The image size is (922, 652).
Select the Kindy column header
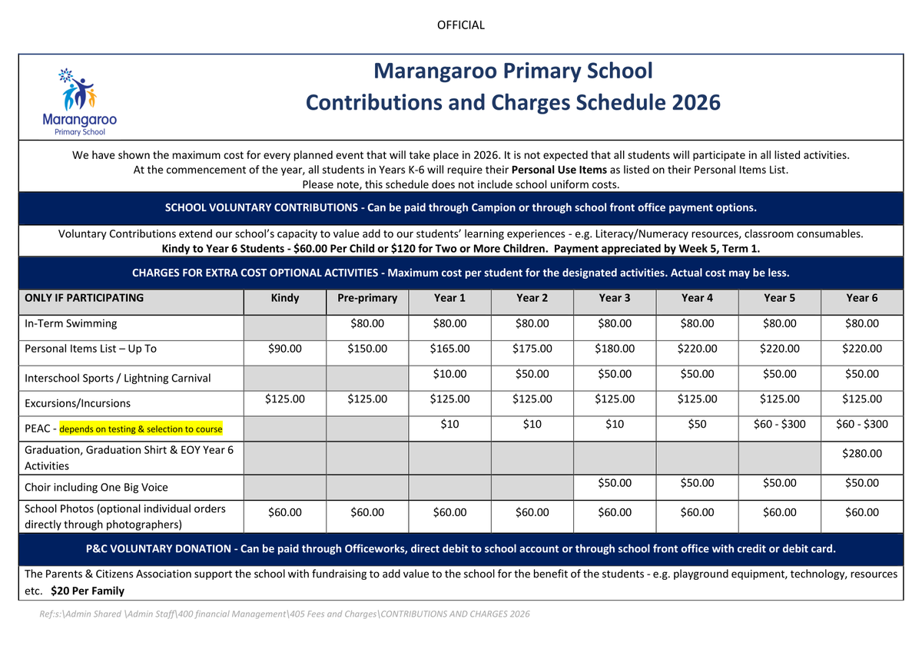click(x=284, y=298)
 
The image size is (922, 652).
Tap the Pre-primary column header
click(x=367, y=298)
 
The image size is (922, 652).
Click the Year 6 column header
click(x=861, y=298)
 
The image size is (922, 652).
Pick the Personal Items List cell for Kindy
click(x=284, y=349)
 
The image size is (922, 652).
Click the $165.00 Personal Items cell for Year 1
click(x=449, y=349)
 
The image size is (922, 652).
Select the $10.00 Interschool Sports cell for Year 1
click(x=449, y=374)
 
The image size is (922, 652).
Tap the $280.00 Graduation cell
click(x=861, y=453)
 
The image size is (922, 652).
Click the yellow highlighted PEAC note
click(x=141, y=429)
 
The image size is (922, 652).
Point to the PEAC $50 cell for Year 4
click(x=697, y=424)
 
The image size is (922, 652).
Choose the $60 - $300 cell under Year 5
click(x=779, y=424)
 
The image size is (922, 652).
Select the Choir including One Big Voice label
click(x=96, y=487)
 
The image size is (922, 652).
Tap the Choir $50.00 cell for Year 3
click(x=615, y=483)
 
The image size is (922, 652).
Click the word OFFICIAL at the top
click(x=461, y=25)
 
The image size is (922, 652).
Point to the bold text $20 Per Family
click(x=88, y=591)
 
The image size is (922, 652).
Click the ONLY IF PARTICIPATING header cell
click(x=85, y=298)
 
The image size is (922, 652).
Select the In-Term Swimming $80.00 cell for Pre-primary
click(x=367, y=324)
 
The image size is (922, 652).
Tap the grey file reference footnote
click(x=284, y=614)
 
